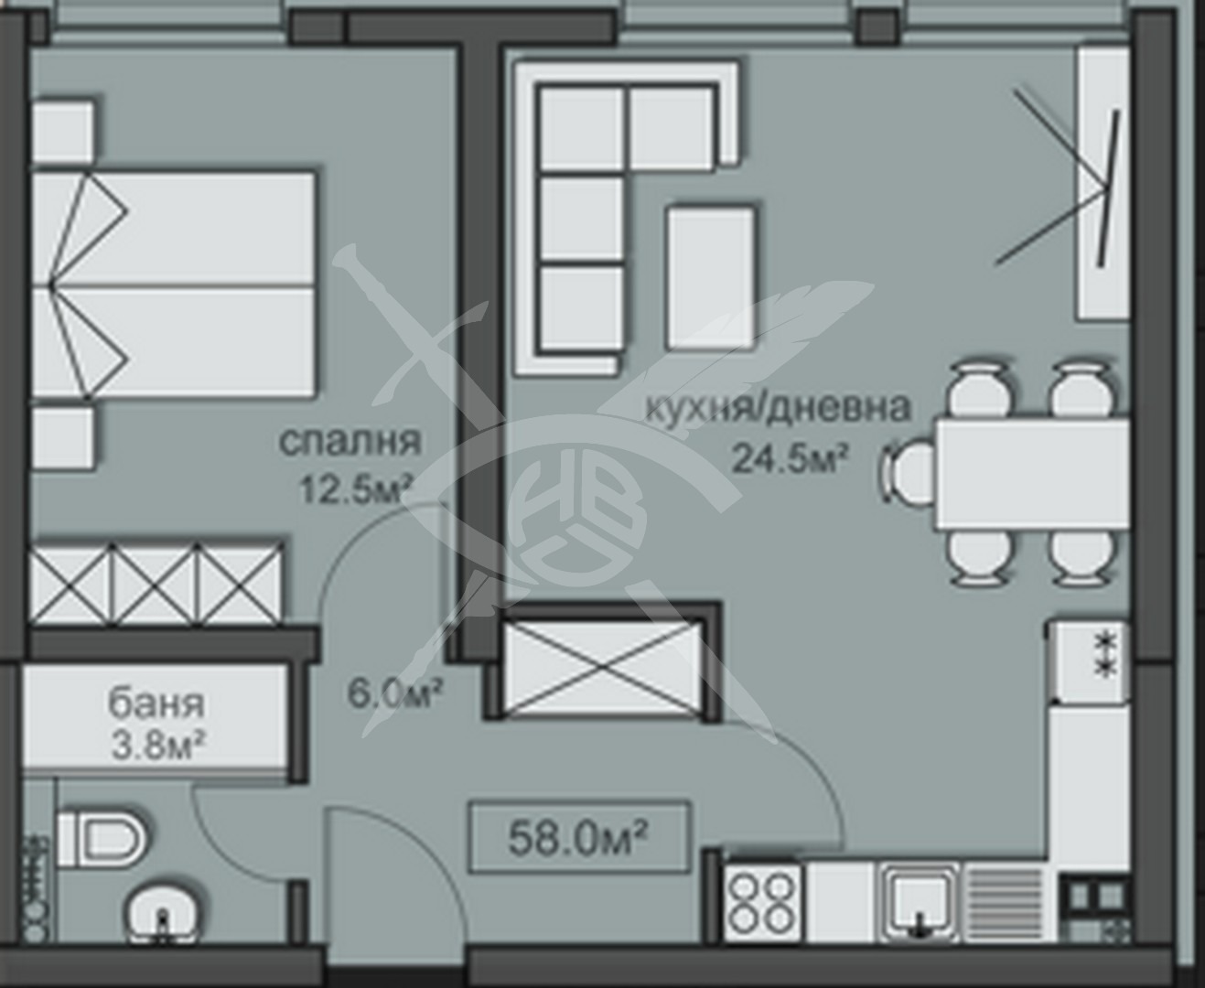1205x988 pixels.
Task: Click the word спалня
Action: [350, 441]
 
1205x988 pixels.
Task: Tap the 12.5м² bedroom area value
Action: [355, 489]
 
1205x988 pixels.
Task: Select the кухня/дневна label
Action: [778, 407]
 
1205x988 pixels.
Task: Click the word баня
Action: [156, 704]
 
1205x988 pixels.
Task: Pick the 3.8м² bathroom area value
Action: [158, 746]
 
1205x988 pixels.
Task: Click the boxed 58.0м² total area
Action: [579, 838]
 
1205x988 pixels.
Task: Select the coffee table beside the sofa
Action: [711, 277]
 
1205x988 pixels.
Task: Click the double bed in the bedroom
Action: [173, 284]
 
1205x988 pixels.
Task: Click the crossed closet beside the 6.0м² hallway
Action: [603, 668]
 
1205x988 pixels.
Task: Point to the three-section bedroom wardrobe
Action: [156, 583]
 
